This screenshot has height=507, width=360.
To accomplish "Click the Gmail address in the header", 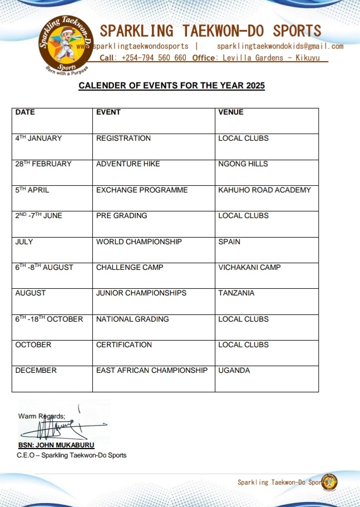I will click(x=280, y=46).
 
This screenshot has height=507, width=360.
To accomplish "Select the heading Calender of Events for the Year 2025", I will click(x=171, y=86).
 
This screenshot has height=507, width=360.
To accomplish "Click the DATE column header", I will click(x=25, y=112).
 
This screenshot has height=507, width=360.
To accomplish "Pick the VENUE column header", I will click(x=231, y=112).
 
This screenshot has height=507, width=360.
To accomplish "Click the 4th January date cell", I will click(x=38, y=138).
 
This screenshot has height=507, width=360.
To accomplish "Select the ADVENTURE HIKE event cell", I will click(x=128, y=164).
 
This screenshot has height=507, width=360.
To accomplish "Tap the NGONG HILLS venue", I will click(x=243, y=164).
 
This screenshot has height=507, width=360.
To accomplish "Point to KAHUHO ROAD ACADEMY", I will click(x=264, y=190).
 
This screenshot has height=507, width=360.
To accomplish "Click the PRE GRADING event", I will click(x=122, y=216).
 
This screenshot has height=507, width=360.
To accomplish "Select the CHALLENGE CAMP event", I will click(x=130, y=268).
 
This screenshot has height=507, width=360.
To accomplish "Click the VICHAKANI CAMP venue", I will click(x=249, y=268).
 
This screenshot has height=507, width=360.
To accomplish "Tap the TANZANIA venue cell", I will click(x=236, y=293).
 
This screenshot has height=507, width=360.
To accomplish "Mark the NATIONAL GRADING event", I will click(x=131, y=319).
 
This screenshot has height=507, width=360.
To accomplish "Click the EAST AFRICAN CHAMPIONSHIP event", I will click(x=152, y=371).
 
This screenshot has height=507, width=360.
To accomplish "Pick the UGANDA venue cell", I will click(x=234, y=371).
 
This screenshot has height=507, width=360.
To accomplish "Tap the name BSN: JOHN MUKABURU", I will click(x=56, y=445).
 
